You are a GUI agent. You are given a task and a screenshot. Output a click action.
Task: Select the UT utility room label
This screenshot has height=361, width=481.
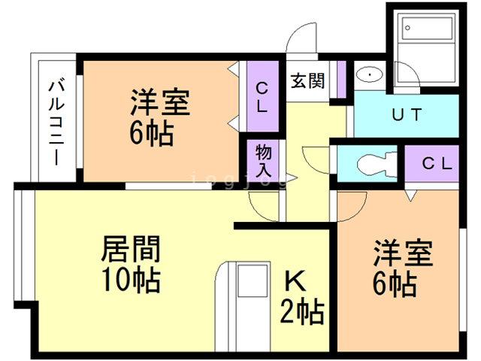pos(407,115)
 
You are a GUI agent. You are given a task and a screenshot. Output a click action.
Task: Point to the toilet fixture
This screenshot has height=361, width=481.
pos(372,162)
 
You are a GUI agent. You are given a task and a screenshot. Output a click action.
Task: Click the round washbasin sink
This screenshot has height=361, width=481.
pos(370,75)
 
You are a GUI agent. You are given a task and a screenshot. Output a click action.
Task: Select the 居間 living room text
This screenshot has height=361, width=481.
pos(132,248)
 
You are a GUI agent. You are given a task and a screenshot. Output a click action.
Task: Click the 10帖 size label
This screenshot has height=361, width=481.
pos(131,281)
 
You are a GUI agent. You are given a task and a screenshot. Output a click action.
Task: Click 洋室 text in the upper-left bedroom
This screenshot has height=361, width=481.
pos(160,102)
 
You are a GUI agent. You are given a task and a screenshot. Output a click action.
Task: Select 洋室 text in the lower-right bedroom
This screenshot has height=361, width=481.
pos(404,254)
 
